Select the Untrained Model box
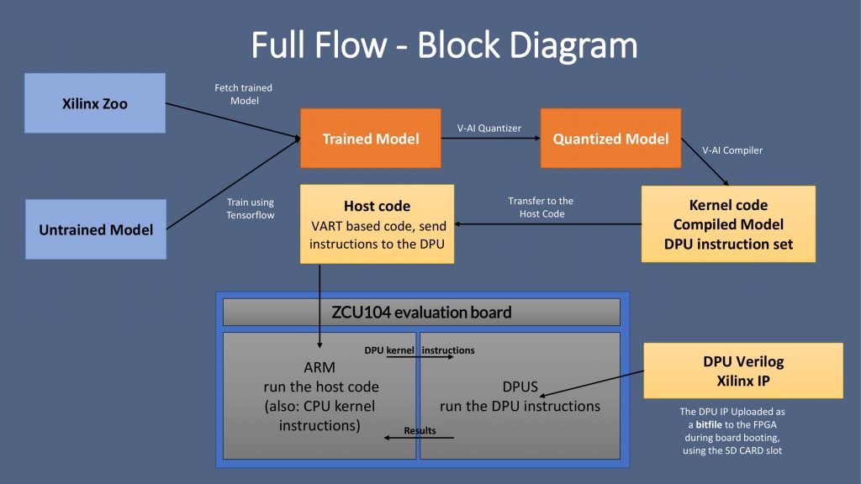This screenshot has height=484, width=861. click(95, 229)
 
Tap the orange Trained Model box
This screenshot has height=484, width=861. click(370, 139)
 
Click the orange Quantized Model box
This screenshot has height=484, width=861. click(610, 139)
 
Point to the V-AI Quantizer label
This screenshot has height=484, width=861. click(489, 129)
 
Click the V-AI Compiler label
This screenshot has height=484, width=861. click(732, 151)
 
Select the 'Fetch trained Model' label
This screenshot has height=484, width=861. click(244, 94)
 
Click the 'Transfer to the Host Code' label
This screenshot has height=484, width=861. click(541, 207)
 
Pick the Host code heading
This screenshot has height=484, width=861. click(377, 206)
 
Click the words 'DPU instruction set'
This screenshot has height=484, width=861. click(728, 245)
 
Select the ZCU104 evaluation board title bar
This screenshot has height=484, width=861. click(420, 313)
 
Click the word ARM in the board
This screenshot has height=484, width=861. click(320, 368)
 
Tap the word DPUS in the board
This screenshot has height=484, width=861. click(519, 387)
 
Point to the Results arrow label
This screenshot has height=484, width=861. click(420, 430)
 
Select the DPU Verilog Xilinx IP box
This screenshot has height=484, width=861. click(742, 371)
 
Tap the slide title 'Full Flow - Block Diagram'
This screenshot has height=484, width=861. click(444, 45)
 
